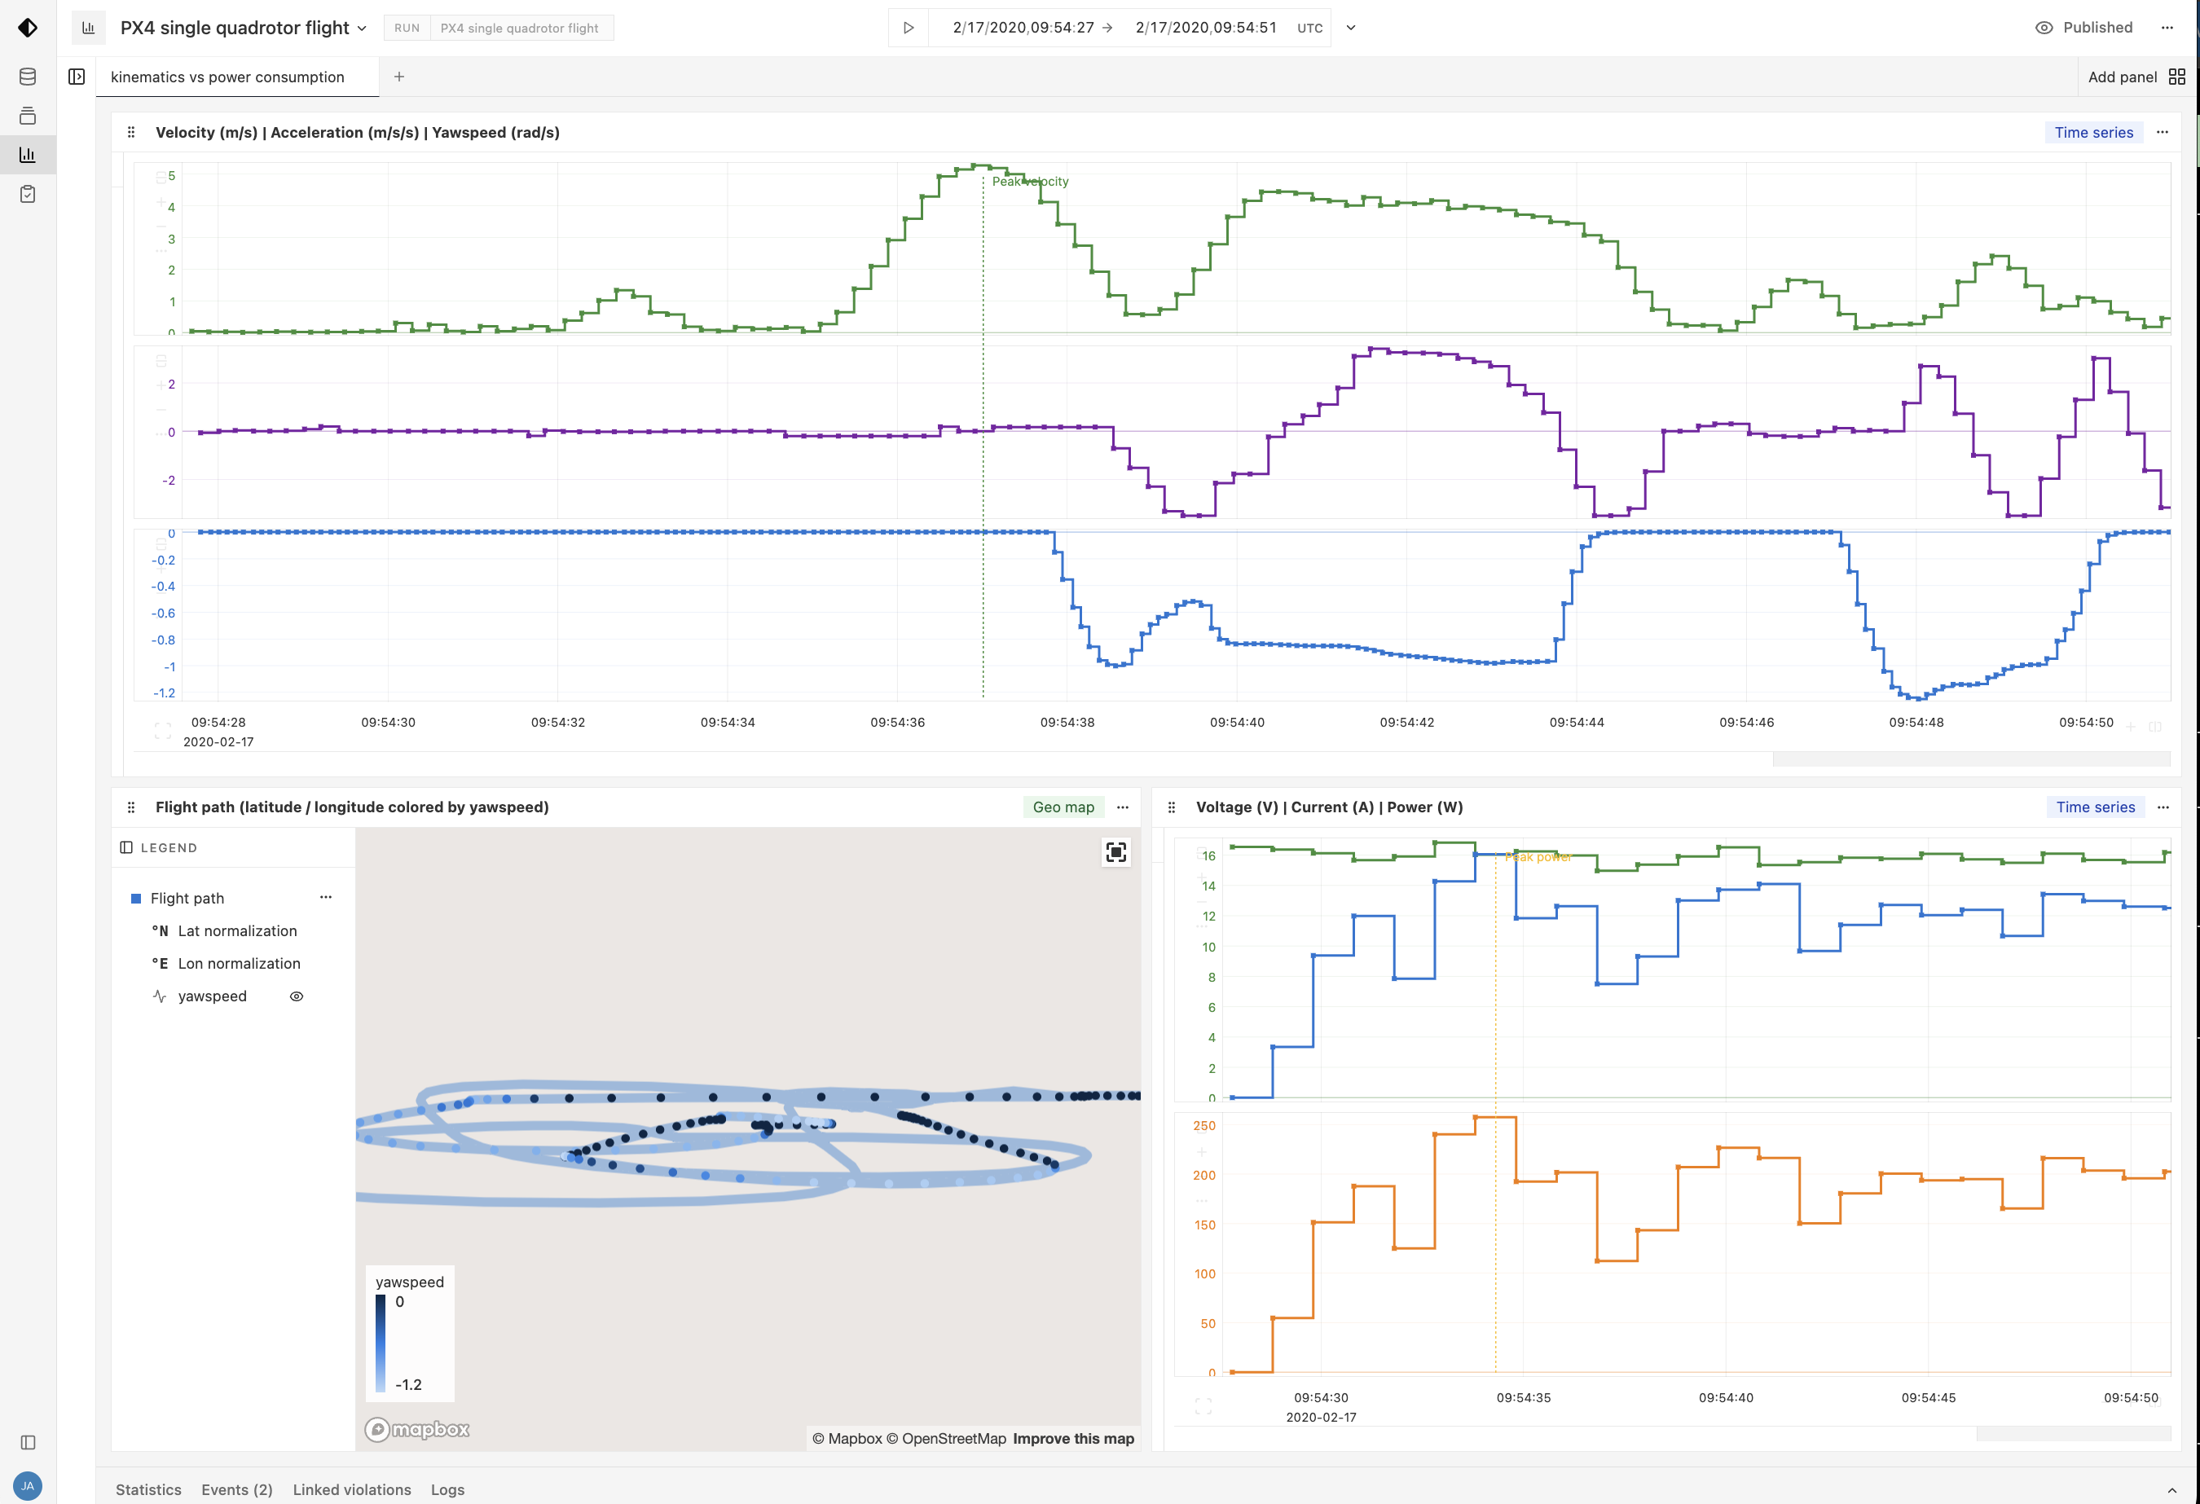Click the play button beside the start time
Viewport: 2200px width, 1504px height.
908,28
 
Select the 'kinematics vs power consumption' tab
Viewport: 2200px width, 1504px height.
227,77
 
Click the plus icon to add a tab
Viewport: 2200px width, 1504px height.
399,77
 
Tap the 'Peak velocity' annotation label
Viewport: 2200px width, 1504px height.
1030,182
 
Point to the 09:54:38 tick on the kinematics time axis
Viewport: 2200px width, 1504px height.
1067,722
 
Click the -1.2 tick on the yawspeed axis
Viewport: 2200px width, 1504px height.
164,693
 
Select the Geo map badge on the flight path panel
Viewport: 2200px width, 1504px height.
1063,807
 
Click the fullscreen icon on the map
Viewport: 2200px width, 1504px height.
1116,852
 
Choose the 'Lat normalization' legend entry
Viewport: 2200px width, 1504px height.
236,930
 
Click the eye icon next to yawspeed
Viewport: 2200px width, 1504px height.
297,996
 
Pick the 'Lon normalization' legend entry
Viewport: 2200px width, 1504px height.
239,964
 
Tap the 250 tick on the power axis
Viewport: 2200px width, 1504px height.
1203,1125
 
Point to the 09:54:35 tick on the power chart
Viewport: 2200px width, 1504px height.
1523,1397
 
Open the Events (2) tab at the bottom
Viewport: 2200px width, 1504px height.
236,1489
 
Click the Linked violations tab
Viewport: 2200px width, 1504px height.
351,1489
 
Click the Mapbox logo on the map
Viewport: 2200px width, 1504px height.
417,1429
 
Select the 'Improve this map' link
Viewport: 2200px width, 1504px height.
1072,1439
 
